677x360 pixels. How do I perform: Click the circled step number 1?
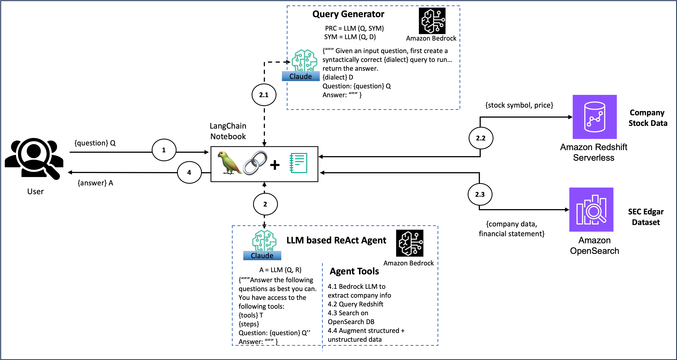tap(164, 150)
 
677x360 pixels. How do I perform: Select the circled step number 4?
tap(189, 172)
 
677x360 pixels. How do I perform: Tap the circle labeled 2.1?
tap(264, 95)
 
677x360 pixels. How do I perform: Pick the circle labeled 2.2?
tap(481, 138)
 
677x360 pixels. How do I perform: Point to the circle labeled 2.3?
tap(480, 195)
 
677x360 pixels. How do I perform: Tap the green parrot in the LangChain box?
tap(229, 163)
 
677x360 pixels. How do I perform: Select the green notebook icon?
tap(298, 163)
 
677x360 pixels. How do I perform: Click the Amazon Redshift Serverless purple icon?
tap(594, 117)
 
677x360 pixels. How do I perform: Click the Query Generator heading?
tap(348, 14)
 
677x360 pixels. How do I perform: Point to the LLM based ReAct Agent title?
tap(336, 240)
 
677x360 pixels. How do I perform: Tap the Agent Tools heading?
tap(354, 271)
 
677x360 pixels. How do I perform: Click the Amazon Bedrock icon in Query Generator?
tap(432, 21)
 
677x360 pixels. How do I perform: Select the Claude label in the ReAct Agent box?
tap(262, 256)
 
